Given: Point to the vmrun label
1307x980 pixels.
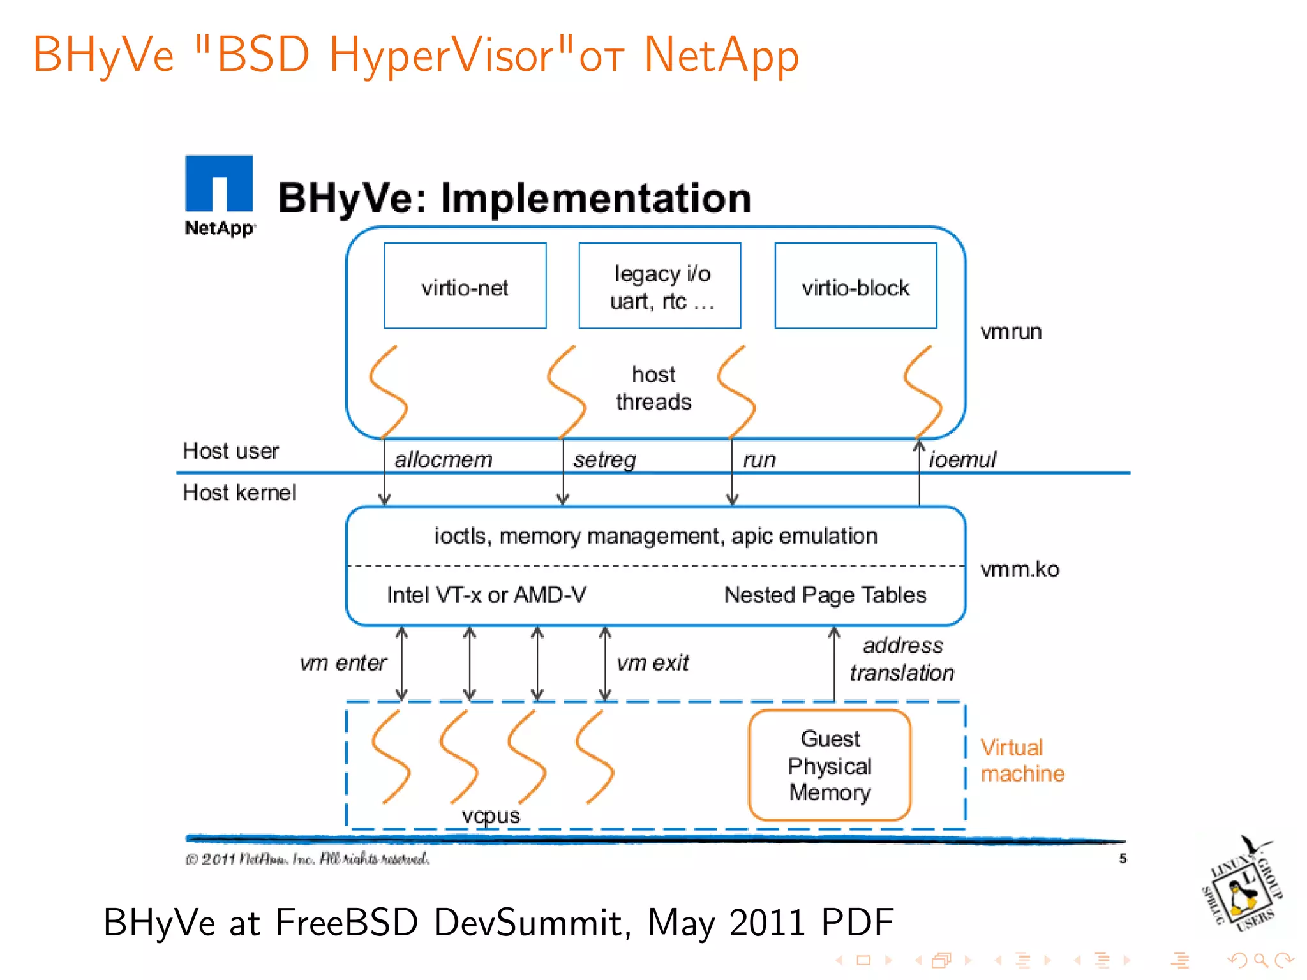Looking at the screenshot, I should coord(1011,332).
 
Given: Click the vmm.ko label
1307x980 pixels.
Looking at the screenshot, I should coord(1019,569).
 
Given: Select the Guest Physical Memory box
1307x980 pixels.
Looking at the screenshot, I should coord(830,765).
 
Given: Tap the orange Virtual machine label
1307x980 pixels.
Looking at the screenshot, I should coord(1022,761).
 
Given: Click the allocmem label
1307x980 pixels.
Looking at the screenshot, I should coord(444,459).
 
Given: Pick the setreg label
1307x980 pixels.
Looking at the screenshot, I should coord(604,459).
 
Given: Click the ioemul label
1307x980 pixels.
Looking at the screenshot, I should coord(962,459).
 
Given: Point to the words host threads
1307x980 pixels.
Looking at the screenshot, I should coord(653,388).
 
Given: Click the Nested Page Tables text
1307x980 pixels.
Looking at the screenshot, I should coord(825,595).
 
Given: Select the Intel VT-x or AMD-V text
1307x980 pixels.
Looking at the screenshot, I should coord(486,595).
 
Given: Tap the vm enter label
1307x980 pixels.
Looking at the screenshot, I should coord(343,663).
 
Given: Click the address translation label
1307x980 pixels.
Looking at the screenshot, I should coord(902,659).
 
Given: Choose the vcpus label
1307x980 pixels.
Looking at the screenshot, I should coord(491,815).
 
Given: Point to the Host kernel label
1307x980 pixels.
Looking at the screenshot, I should coord(239,493).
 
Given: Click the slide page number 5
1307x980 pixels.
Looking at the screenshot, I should coord(1123,859).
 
